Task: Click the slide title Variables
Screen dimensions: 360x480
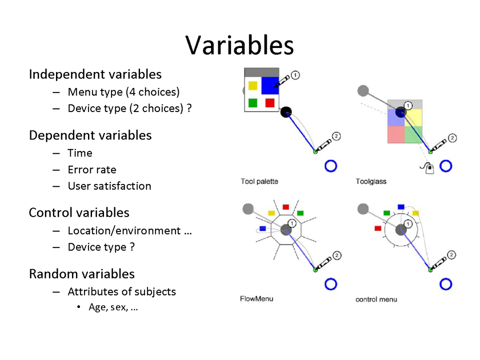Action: coord(240,45)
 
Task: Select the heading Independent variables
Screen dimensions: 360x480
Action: coord(95,74)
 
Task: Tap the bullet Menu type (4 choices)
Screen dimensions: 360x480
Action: coord(124,92)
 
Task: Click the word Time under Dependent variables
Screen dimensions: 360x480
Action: coord(80,153)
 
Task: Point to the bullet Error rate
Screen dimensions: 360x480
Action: coord(92,169)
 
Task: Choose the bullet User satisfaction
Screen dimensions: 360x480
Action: coord(109,186)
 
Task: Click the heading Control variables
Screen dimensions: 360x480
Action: coord(79,212)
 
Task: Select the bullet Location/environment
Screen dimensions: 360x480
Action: coord(124,231)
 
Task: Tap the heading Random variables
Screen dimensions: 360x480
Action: coord(82,274)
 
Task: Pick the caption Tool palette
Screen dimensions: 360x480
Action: coord(259,181)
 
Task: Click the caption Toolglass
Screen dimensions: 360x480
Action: coord(371,181)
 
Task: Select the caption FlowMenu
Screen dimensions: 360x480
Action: coord(256,299)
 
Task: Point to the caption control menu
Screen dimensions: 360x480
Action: coord(376,299)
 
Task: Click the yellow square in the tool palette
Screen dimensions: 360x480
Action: coord(253,85)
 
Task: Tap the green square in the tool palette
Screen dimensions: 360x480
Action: coord(253,103)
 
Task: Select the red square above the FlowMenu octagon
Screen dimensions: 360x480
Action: coord(286,207)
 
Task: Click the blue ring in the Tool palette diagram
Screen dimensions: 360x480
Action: coord(331,166)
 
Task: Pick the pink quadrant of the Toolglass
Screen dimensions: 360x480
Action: coord(396,134)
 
